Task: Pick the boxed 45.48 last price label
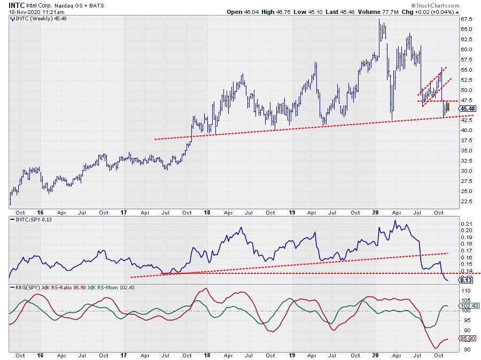(x=466, y=109)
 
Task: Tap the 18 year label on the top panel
(x=207, y=212)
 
